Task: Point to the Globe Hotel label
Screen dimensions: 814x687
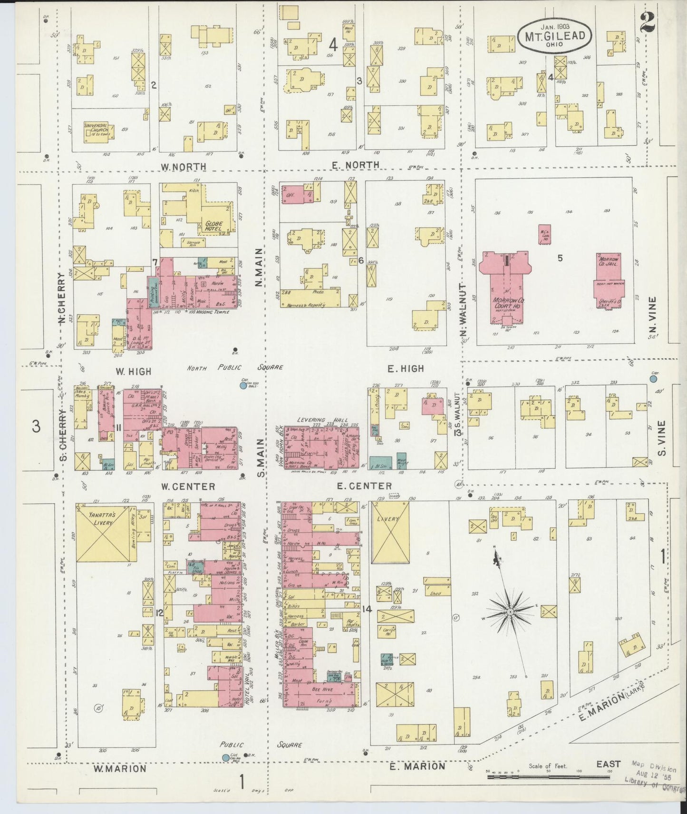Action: [x=214, y=226]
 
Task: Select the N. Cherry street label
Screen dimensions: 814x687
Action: [x=61, y=299]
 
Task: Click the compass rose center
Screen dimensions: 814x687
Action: [x=509, y=612]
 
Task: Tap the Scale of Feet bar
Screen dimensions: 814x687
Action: [x=548, y=777]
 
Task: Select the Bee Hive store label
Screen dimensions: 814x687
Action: [x=323, y=689]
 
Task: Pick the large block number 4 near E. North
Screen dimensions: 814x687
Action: [x=333, y=45]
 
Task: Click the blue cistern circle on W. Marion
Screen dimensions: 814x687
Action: [x=226, y=757]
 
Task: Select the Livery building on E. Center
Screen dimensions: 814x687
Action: [x=390, y=533]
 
